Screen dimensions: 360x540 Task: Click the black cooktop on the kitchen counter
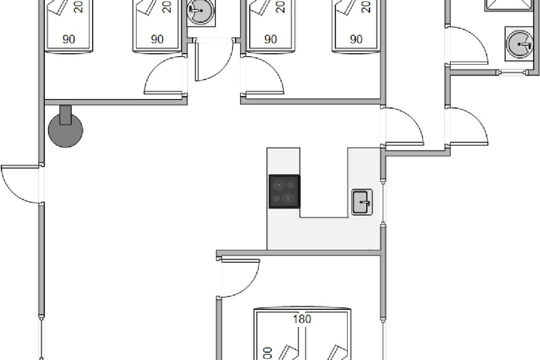(284, 191)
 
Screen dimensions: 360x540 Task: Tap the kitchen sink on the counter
(362, 202)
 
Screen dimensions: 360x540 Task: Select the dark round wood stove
(66, 130)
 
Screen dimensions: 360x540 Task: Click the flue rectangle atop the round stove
(66, 114)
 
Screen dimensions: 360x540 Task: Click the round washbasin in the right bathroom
(519, 43)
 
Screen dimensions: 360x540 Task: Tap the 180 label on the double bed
(302, 319)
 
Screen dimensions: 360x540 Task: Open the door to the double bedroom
(238, 279)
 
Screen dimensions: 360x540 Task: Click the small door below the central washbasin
(211, 61)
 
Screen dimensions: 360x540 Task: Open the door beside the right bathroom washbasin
(468, 45)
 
